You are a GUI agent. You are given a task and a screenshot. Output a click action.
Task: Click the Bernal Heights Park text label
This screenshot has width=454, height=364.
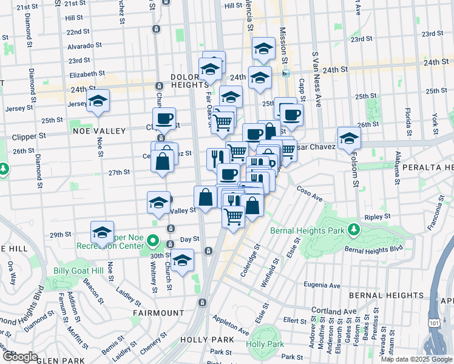pyautogui.click(x=309, y=230)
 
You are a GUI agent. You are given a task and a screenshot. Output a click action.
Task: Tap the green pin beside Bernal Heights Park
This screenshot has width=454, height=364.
pyautogui.click(x=353, y=230)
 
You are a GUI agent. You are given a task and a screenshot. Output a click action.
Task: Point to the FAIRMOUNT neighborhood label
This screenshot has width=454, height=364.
pyautogui.click(x=158, y=313)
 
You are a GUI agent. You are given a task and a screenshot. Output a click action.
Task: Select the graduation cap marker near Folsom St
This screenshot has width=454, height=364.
pyautogui.click(x=349, y=139)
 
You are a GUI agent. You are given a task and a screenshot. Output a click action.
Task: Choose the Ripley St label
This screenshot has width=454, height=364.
pyautogui.click(x=376, y=217)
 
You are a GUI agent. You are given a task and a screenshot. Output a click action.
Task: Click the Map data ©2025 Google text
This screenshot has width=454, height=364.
pyautogui.click(x=416, y=359)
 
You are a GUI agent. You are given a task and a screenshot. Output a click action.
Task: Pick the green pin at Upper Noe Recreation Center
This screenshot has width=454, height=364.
pyautogui.click(x=154, y=243)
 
